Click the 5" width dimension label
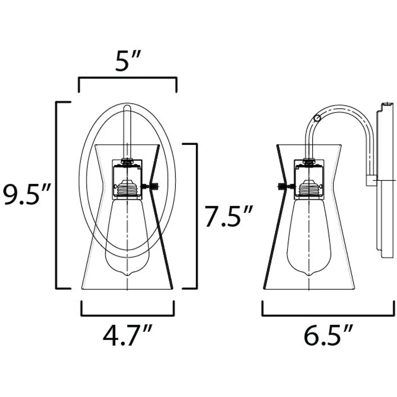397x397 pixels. pos(128,61)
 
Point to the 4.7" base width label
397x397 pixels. pos(128,336)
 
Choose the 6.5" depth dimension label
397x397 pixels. pos(328,336)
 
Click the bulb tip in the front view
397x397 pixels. pos(127,275)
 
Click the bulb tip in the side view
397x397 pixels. pos(309,275)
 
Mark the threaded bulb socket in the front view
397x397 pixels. pos(127,187)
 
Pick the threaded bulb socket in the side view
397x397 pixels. pos(309,187)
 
